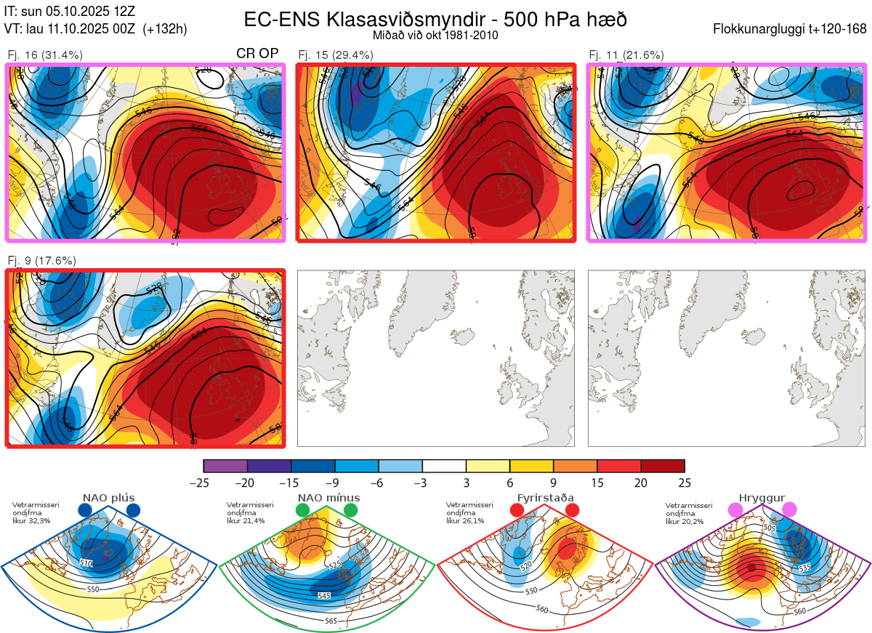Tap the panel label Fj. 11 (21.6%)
[626, 55]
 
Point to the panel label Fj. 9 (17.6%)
[41, 261]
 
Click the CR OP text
[258, 53]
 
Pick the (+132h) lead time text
[165, 29]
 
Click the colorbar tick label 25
[684, 483]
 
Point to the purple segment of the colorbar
[225, 466]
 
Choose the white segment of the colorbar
[444, 466]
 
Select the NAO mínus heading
[328, 498]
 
